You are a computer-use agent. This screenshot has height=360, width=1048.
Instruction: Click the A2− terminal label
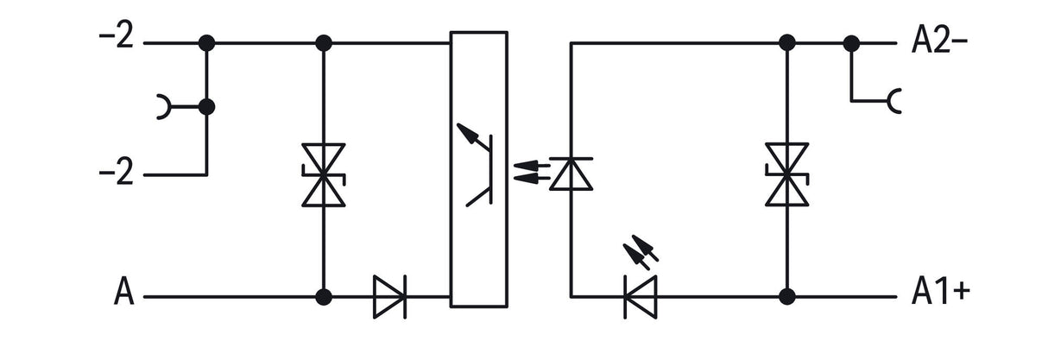tap(939, 41)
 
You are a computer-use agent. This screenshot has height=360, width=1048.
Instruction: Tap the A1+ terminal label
tap(941, 292)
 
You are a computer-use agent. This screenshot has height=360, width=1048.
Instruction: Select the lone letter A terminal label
tap(124, 291)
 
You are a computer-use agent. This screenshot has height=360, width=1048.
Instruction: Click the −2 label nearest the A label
tap(116, 172)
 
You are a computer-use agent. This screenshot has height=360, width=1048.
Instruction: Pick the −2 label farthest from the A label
tap(116, 35)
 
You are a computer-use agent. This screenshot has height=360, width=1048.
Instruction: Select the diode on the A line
tap(389, 297)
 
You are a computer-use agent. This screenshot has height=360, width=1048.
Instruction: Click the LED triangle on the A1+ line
tap(641, 297)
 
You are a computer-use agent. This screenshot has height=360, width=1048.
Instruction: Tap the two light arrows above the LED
tap(641, 252)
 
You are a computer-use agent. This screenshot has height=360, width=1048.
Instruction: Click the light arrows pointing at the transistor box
tap(532, 171)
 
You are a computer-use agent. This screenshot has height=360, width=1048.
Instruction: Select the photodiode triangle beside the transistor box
tap(571, 174)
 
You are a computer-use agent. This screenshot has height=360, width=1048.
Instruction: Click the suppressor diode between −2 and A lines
tap(324, 175)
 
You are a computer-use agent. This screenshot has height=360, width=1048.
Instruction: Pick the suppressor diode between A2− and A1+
tap(787, 174)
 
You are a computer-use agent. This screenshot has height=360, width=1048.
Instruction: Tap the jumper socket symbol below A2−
tap(894, 101)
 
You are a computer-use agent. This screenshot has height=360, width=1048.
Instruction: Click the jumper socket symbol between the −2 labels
tap(164, 107)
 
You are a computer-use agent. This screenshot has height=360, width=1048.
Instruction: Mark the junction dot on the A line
tap(324, 297)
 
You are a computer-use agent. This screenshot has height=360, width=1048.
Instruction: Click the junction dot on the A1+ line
tap(787, 296)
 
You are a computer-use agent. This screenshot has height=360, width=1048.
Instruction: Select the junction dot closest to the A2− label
tap(851, 43)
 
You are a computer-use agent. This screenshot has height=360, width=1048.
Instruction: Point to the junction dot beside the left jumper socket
tap(207, 107)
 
